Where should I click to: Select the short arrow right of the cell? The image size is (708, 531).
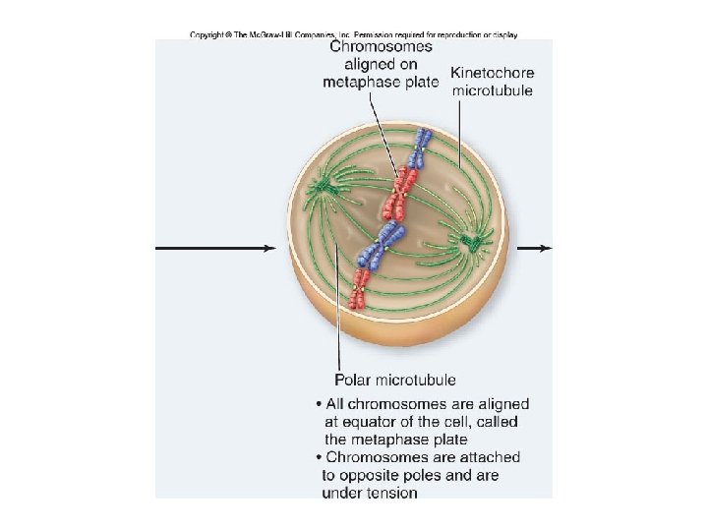tap(535, 248)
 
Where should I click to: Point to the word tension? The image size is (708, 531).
tap(392, 493)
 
